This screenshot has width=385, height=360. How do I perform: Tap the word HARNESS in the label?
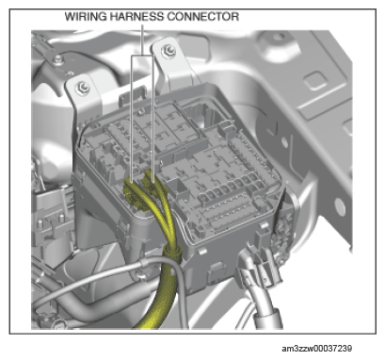136,16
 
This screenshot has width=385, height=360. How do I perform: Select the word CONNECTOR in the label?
202,16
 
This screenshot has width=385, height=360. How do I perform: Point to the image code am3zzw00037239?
316,349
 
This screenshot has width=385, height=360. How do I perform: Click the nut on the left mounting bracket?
83,88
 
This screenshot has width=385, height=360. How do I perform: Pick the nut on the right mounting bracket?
168,50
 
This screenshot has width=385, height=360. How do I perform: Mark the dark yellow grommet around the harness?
172,252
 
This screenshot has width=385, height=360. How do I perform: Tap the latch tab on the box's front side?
217,270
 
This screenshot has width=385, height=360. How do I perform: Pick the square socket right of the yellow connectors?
178,188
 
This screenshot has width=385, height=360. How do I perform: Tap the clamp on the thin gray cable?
144,263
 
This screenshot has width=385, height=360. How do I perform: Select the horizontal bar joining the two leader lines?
142,56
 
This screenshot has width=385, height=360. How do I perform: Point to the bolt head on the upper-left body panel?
57,59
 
